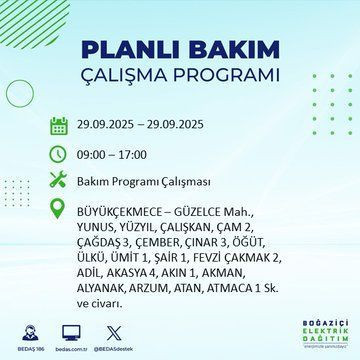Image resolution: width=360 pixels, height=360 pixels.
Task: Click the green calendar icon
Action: (59, 126)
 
